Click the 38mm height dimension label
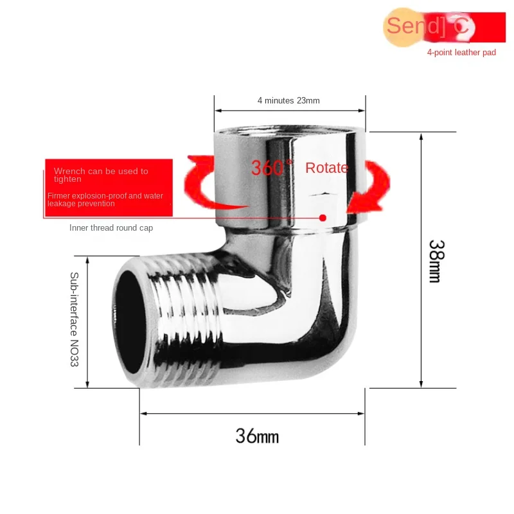pos(435,261)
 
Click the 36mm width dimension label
pos(257,436)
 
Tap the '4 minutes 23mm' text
pos(288,100)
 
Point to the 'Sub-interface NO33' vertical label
pos(74,319)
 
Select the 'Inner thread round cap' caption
pos(111,227)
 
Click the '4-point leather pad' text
pos(461,53)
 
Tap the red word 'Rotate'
pos(326,168)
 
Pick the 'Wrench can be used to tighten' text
pos(101,175)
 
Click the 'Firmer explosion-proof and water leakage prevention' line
pos(105,199)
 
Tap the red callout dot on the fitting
pos(323,218)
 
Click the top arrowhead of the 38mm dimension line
pos(421,137)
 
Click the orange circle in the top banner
pos(404,26)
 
